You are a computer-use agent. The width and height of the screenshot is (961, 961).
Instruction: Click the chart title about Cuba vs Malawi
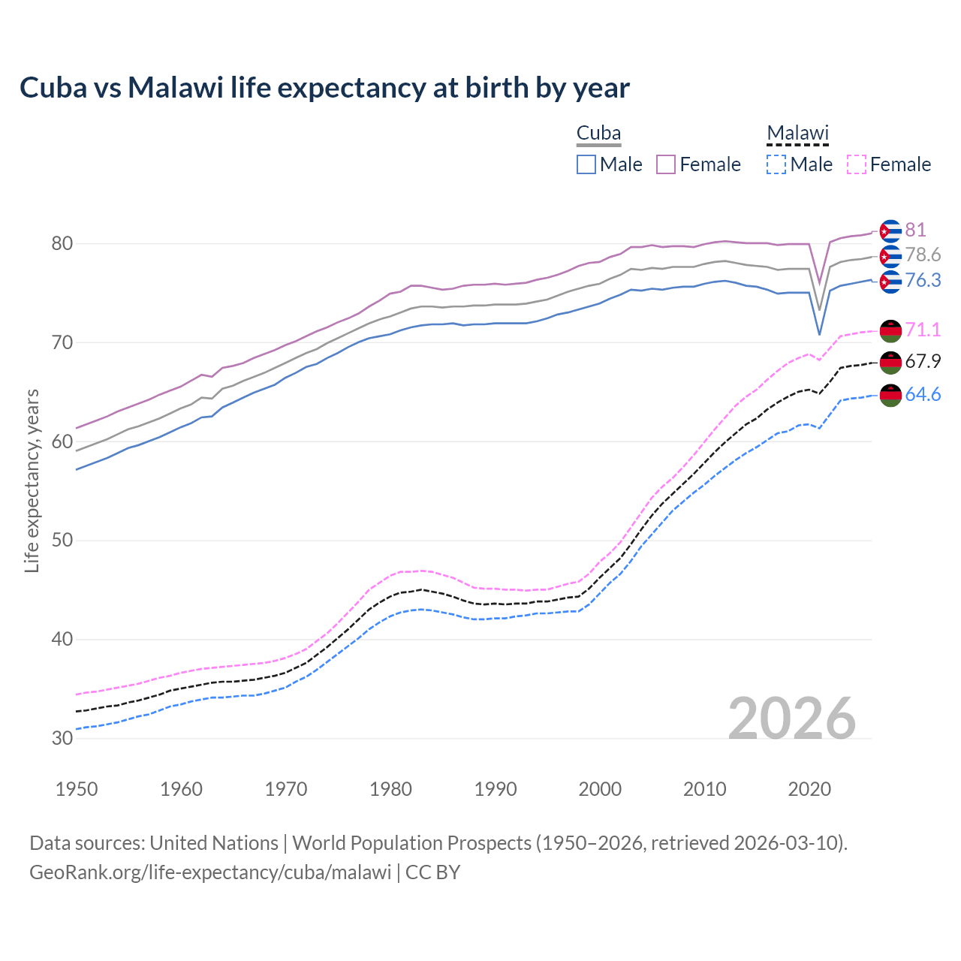324,88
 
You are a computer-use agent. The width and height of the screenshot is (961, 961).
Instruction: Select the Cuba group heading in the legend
598,133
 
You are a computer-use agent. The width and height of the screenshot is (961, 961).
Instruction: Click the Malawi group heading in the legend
797,133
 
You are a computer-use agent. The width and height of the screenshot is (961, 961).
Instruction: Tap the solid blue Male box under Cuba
586,164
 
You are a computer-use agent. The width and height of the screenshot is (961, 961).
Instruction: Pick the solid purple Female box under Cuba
666,164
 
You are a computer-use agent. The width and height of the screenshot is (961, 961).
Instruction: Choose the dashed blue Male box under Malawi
776,164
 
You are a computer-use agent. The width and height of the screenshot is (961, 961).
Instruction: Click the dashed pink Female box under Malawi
857,164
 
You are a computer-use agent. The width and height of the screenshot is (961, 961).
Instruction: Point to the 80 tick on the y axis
62,243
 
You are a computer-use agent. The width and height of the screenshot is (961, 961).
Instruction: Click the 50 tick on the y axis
62,541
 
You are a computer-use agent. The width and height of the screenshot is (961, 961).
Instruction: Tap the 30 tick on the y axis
62,739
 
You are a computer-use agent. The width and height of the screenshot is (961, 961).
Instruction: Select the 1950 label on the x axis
77,789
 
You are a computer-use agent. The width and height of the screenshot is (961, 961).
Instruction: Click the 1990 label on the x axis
496,789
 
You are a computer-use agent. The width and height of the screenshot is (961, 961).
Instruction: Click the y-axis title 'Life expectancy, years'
32,480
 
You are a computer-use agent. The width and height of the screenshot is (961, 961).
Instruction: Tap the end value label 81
915,230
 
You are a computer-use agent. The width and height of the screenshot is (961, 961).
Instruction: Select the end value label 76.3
923,280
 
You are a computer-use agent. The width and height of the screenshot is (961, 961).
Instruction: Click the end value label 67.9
923,361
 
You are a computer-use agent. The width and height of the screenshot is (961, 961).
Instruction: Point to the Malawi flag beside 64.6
890,395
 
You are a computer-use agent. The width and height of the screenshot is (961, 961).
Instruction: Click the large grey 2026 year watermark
792,718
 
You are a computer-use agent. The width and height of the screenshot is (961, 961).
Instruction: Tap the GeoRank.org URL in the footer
210,872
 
